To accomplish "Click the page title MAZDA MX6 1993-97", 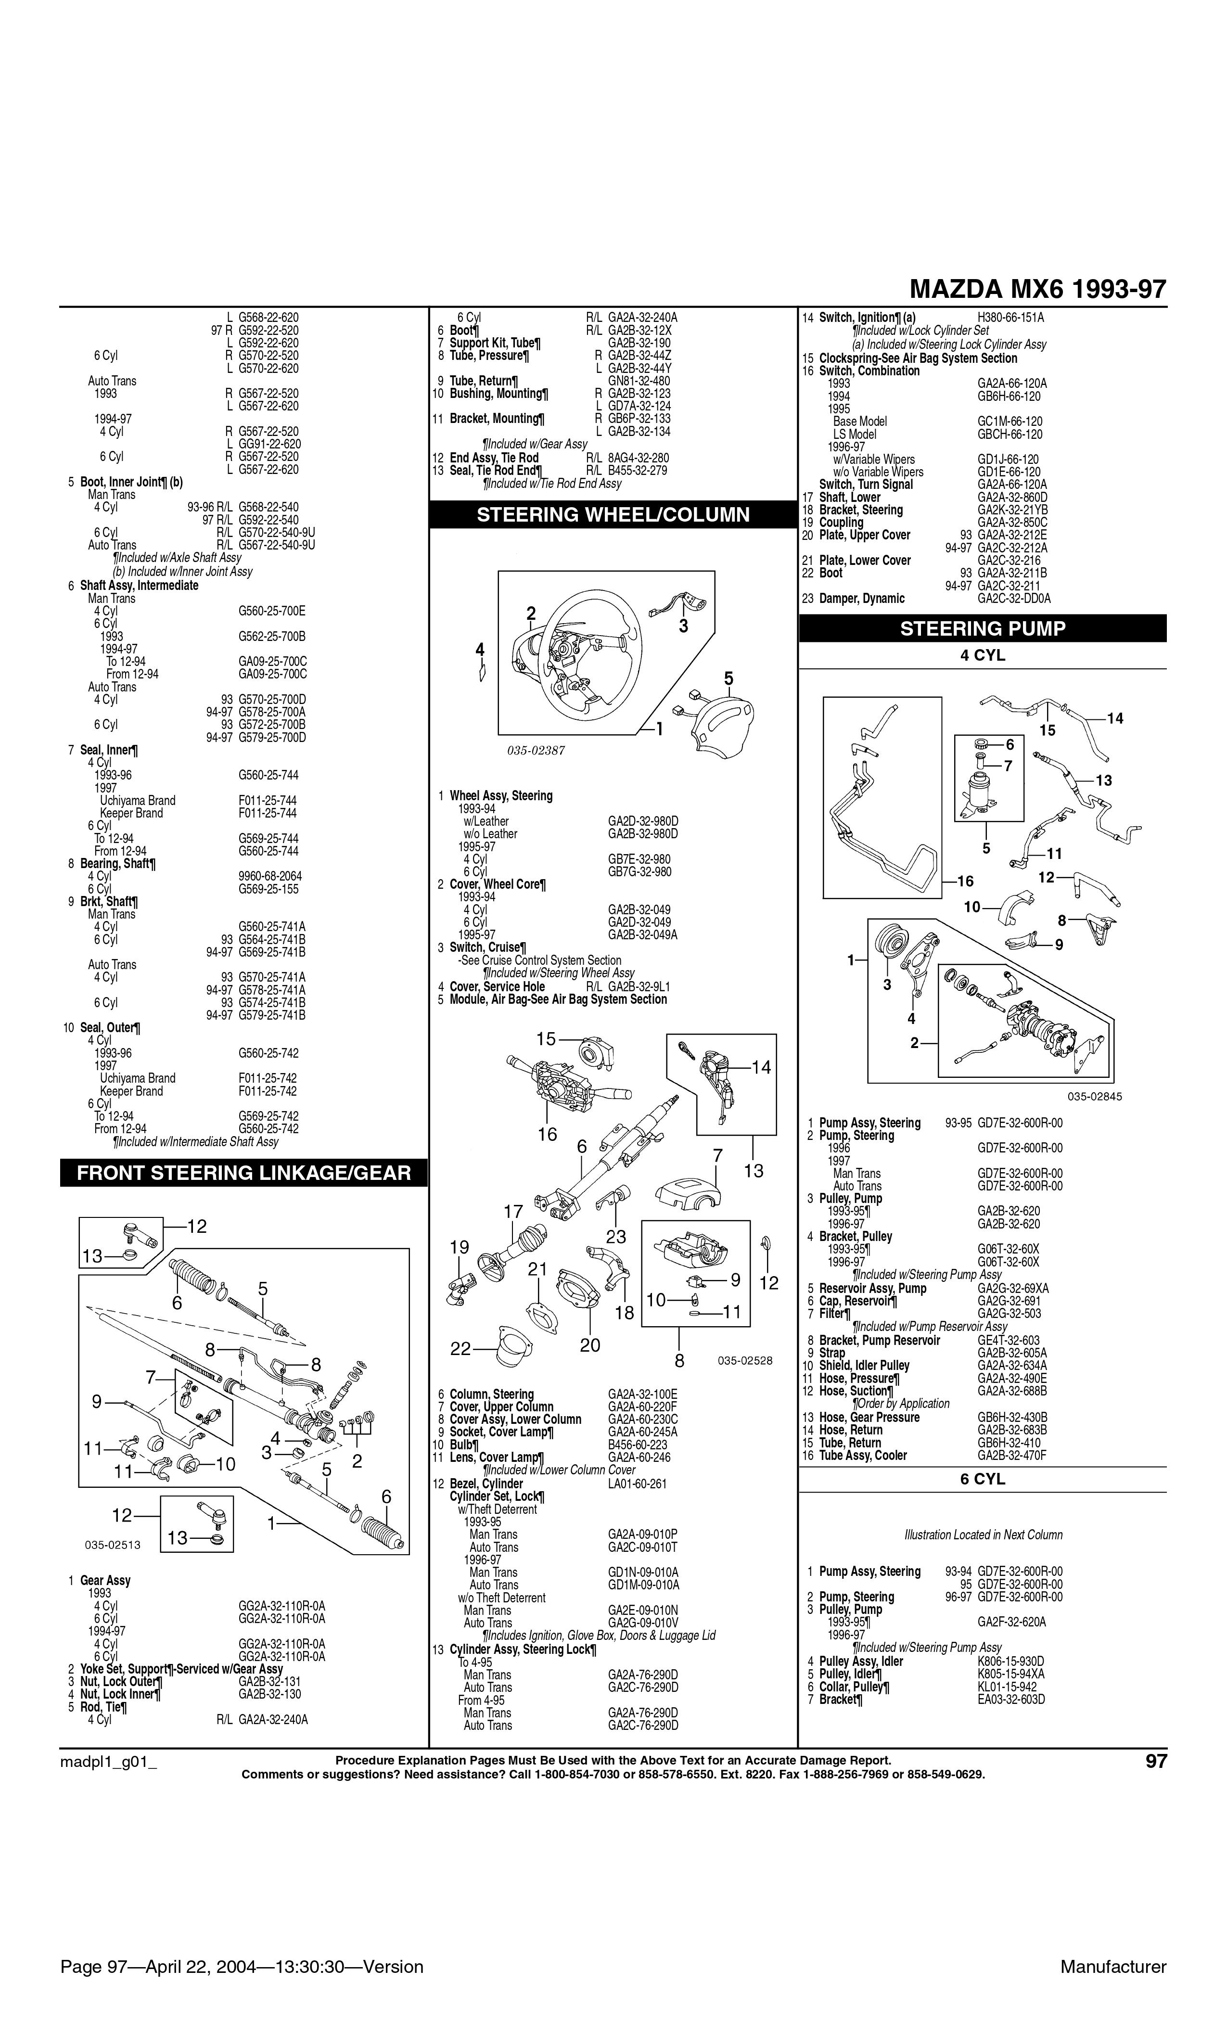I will coord(1037,290).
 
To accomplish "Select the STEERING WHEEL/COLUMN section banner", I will coord(613,514).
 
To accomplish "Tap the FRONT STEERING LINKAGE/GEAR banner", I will coord(243,1172).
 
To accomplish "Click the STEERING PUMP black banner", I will coord(982,628).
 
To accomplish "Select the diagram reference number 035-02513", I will coord(113,1545).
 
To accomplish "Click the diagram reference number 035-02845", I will coord(1094,1096).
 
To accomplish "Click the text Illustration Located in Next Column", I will coord(983,1535).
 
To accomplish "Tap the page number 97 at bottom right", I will coord(1155,1761).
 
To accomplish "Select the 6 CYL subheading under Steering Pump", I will coord(982,1479).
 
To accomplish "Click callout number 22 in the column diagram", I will coord(461,1348).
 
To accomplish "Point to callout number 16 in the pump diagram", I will coord(965,881).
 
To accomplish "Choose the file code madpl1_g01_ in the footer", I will coord(108,1761).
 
